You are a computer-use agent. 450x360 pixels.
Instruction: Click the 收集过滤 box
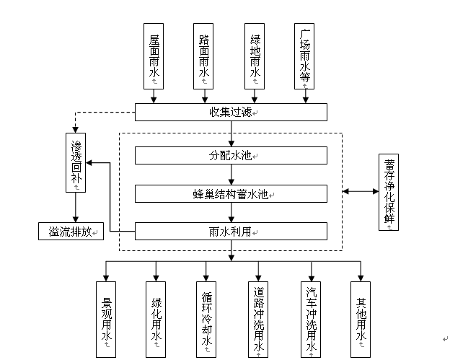[231, 112]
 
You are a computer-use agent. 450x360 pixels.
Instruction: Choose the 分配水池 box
[231, 156]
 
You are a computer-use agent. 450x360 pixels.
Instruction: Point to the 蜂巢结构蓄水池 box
[231, 193]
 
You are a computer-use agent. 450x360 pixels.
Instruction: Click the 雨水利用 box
[231, 232]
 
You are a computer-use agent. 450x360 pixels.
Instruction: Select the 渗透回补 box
[75, 162]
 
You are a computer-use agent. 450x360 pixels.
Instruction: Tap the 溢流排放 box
[71, 232]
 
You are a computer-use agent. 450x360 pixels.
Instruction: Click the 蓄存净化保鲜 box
[389, 192]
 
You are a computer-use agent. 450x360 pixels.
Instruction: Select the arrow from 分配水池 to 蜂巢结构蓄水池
[231, 175]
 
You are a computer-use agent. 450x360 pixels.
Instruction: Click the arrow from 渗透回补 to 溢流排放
[75, 208]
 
